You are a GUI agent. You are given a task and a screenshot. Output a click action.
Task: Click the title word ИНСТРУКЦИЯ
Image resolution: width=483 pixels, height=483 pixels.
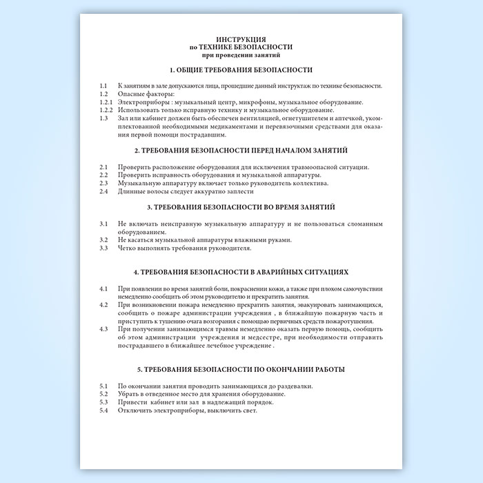[241, 39]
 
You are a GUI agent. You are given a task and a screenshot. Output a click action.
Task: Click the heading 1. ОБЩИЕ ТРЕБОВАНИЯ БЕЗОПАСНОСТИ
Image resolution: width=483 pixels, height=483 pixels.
[241, 70]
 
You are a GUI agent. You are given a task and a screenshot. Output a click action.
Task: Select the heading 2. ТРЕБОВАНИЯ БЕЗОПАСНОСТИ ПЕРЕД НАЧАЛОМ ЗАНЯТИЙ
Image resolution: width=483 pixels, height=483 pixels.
[241, 150]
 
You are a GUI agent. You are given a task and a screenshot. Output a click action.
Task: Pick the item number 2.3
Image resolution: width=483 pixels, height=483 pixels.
[103, 184]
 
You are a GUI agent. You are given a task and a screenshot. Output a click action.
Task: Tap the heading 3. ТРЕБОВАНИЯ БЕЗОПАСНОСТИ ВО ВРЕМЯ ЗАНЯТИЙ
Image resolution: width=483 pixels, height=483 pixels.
[241, 206]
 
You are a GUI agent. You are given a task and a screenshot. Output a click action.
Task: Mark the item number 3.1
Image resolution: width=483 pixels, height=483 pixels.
[103, 224]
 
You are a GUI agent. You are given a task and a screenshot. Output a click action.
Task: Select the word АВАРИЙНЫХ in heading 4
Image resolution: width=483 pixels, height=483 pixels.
[273, 273]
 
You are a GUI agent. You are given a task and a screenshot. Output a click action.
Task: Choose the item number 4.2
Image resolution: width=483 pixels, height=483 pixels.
[103, 304]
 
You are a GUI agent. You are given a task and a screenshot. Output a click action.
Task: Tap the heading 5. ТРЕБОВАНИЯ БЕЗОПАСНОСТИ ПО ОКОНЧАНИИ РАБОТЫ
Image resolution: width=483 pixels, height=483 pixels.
[241, 370]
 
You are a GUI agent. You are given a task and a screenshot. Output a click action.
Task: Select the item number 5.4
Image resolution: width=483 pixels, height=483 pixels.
[103, 411]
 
